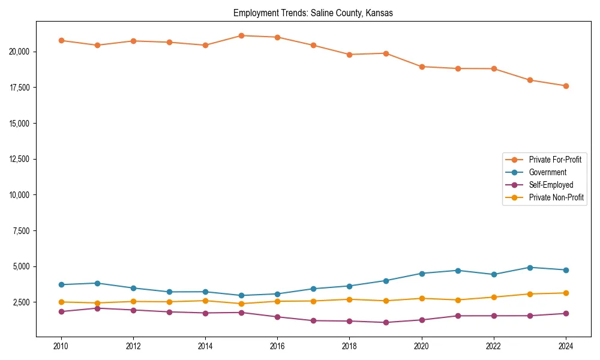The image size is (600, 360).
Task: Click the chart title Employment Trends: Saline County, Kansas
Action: pos(313,13)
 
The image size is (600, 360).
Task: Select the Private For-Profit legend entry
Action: pos(554,160)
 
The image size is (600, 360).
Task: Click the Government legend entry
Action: pos(547,172)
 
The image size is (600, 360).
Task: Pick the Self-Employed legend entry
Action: pos(551,185)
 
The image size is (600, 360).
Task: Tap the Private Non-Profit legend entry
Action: pos(556,197)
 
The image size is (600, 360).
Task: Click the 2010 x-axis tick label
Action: pos(61,346)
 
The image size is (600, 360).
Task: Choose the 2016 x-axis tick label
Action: pos(277,346)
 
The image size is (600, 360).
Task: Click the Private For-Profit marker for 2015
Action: pos(241,35)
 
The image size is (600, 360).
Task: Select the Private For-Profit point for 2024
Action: pos(566,86)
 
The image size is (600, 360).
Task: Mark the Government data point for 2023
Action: pos(530,268)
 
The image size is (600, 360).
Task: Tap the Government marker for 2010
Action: pos(61,284)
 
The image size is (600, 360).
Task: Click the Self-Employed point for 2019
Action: pos(385,322)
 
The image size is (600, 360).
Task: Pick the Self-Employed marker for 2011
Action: pos(97,308)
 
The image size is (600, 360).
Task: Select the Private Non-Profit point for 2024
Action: pos(566,293)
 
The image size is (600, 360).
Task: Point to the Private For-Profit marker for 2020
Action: pos(422,67)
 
